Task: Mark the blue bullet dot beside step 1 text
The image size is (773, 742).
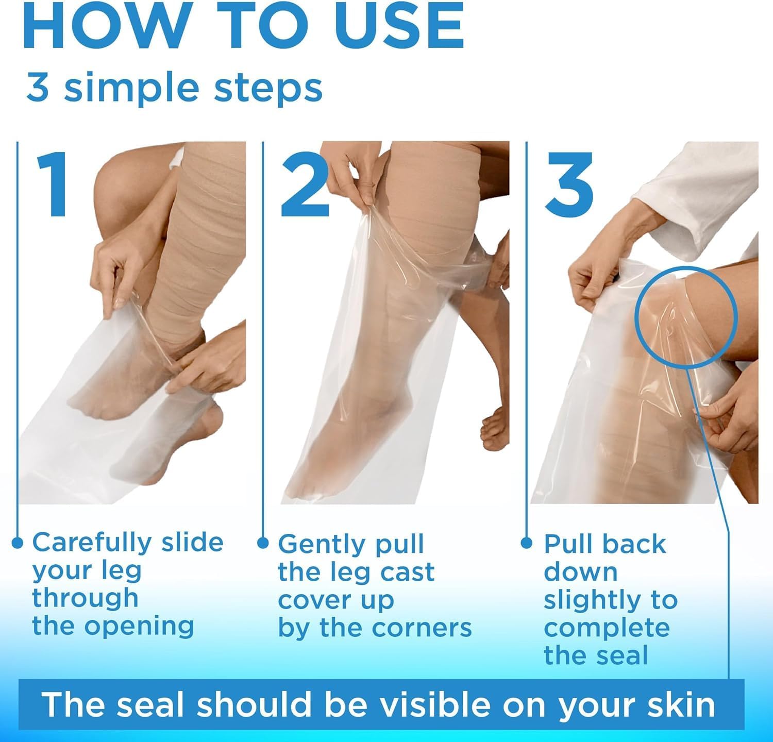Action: click(18, 543)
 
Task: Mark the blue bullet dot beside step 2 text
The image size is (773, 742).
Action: click(263, 543)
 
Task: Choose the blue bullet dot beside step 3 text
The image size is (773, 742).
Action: click(526, 543)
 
